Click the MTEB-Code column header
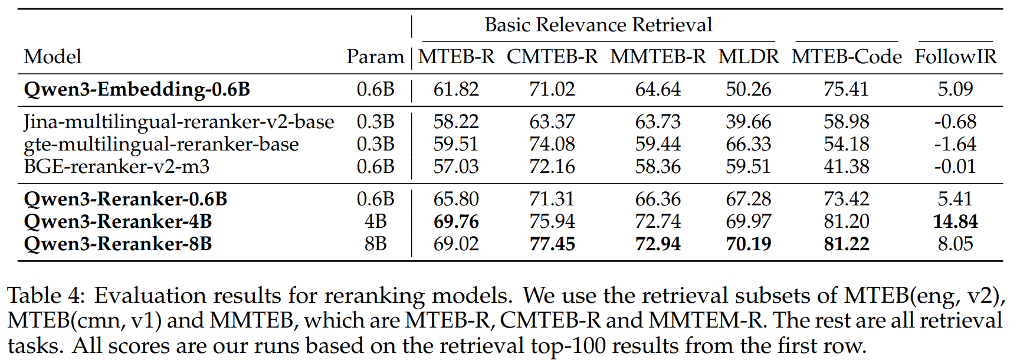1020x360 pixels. pos(846,57)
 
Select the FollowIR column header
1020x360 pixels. pos(955,57)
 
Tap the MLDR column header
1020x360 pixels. pos(748,57)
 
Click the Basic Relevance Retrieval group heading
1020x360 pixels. pos(598,25)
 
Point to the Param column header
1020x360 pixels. pos(375,57)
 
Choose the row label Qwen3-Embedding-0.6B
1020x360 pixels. pos(137,89)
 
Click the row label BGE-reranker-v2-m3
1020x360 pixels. pos(116,166)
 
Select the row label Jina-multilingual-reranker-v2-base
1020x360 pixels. pos(179,122)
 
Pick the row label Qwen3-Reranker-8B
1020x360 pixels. pos(117,244)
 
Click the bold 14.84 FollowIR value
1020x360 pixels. pos(955,221)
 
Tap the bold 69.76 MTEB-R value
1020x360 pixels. pos(456,221)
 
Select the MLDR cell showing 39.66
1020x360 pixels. pos(748,122)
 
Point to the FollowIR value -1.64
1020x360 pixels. pos(955,144)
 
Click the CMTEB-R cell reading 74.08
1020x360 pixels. pos(552,144)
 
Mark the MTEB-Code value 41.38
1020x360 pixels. pos(846,166)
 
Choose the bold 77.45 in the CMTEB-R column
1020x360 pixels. pos(552,244)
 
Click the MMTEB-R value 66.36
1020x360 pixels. pos(658,199)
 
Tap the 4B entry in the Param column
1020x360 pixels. pos(375,221)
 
